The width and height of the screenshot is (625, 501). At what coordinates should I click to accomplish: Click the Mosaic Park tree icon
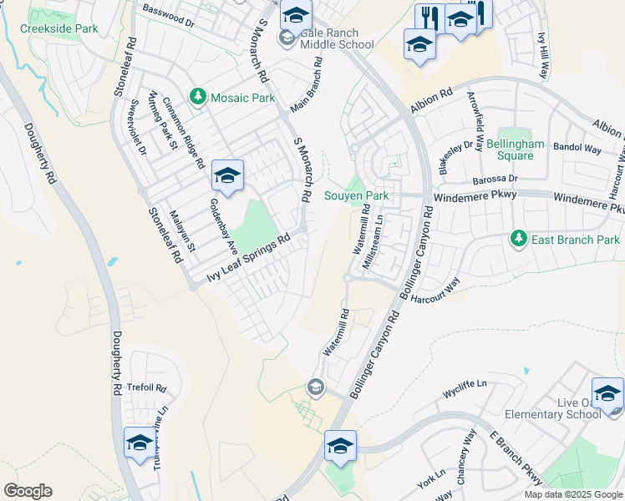tap(198, 98)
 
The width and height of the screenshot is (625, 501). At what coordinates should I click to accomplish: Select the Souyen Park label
tap(357, 195)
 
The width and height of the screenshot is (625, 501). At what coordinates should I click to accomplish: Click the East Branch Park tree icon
tap(519, 240)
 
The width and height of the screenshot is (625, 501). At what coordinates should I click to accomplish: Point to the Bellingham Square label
tap(510, 149)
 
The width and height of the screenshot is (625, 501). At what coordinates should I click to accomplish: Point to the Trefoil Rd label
tap(148, 388)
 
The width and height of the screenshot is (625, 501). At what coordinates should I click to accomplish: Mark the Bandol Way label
tap(577, 149)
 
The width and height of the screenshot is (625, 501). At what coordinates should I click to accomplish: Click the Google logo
tap(28, 491)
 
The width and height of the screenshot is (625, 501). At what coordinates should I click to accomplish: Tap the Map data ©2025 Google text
tap(573, 494)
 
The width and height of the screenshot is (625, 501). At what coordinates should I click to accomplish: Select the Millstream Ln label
tap(373, 243)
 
